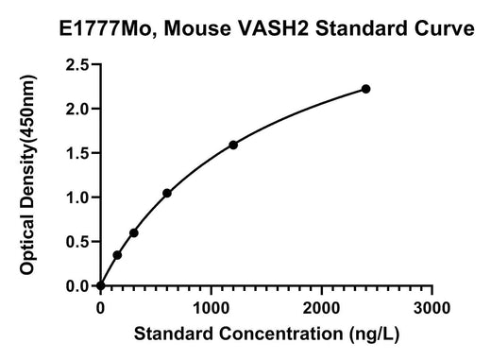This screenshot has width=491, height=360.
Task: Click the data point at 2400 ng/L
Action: (x=365, y=89)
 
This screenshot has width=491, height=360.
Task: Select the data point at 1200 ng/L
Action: (x=233, y=146)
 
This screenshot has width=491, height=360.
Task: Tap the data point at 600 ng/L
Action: (x=167, y=193)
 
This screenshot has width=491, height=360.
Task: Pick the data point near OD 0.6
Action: (x=134, y=233)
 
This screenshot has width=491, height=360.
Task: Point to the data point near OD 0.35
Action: (x=117, y=255)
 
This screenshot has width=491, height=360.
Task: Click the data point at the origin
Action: (x=101, y=285)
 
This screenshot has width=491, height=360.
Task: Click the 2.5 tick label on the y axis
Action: (x=77, y=65)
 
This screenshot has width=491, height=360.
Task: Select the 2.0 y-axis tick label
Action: (x=77, y=109)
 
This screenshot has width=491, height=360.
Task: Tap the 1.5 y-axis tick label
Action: (x=77, y=153)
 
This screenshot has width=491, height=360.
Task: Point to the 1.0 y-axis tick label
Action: (x=77, y=197)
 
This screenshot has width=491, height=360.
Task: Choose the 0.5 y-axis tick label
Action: (x=77, y=242)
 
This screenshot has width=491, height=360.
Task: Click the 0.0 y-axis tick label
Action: (x=77, y=286)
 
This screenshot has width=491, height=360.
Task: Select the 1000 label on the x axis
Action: (x=211, y=308)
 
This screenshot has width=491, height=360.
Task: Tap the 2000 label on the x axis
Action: (x=321, y=308)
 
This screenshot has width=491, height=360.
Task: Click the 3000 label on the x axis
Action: (x=432, y=308)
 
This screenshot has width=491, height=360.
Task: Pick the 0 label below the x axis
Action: (x=100, y=308)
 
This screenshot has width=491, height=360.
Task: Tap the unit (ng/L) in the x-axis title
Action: (x=374, y=334)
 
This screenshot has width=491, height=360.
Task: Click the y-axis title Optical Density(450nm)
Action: (x=27, y=175)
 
